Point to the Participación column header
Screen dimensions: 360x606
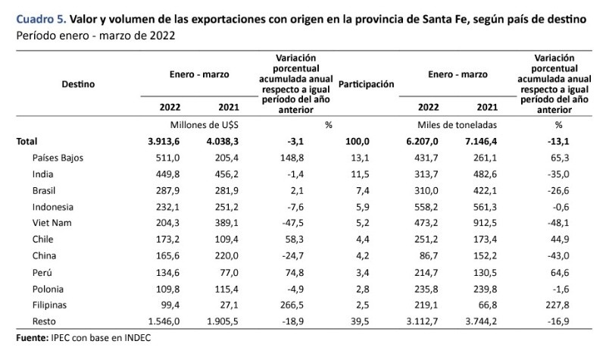point(367,84)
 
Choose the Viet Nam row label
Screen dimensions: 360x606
point(52,223)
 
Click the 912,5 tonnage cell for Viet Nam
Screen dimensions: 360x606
point(483,223)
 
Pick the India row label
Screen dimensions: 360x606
point(43,174)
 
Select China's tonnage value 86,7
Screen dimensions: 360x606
point(429,255)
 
